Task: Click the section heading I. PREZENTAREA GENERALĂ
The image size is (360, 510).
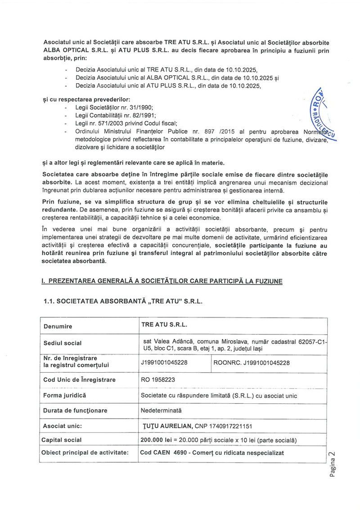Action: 162,281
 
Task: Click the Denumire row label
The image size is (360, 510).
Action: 58,325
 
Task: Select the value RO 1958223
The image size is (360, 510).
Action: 158,379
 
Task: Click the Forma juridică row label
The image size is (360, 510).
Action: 64,395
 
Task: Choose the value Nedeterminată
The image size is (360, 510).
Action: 161,410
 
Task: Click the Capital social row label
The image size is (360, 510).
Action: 62,440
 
